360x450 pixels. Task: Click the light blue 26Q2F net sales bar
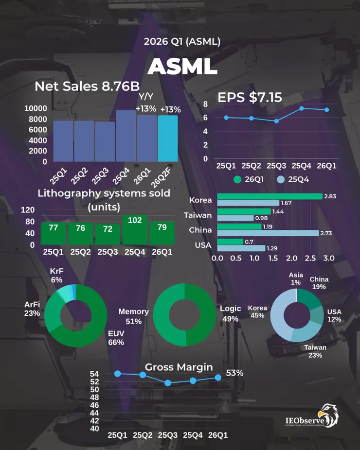(x=168, y=138)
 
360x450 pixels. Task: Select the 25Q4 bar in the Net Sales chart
(x=126, y=136)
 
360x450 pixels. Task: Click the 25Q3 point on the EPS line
(x=276, y=121)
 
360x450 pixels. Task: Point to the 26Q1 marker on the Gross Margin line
(x=218, y=378)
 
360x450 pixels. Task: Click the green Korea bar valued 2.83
(x=270, y=196)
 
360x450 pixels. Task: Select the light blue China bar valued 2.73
(x=268, y=233)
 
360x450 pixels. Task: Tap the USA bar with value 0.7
(x=230, y=242)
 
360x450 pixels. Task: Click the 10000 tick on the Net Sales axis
(x=36, y=108)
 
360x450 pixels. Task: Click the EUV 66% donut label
(x=116, y=338)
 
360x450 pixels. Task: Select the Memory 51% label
(x=133, y=316)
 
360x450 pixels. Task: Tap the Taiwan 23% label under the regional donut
(x=315, y=351)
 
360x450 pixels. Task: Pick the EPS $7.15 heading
(x=250, y=97)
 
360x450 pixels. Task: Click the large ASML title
(x=182, y=67)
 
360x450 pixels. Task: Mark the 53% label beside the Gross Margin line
(x=234, y=373)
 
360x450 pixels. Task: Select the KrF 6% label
(x=56, y=275)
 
